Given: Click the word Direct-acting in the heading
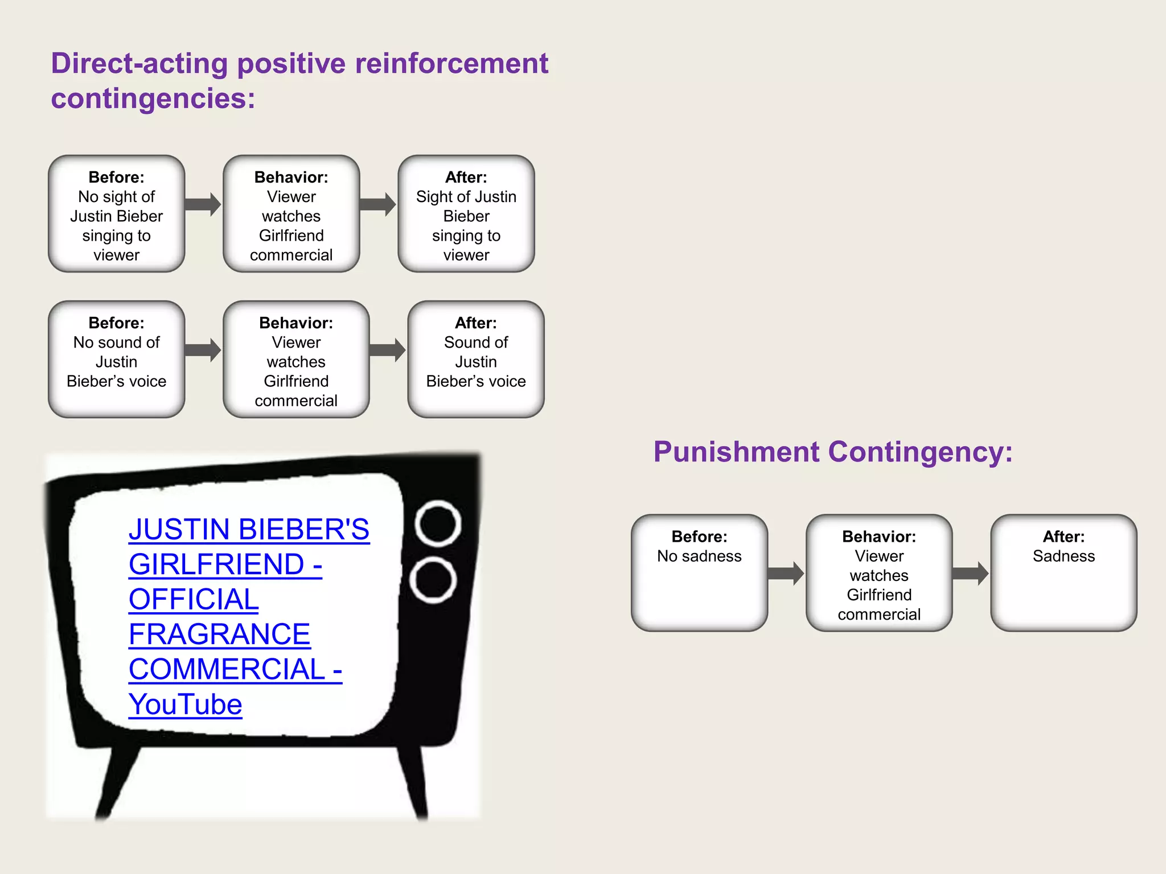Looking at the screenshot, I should coord(139,64).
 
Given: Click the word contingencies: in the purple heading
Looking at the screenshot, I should coord(153,99).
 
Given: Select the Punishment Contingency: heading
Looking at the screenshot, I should coord(832,452).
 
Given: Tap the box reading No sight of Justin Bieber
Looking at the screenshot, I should coord(117,215).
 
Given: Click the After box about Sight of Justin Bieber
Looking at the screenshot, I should coord(466,215).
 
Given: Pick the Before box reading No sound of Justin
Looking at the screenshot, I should coord(117,360).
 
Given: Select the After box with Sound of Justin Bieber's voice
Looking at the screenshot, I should coord(476,360).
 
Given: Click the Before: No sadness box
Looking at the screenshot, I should coord(699,573).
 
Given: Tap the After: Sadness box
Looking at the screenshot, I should coord(1064,573).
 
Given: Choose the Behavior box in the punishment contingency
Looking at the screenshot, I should coord(879,573).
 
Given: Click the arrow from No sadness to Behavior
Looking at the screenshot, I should coord(786,573).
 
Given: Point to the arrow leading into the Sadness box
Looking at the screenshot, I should coord(970,573).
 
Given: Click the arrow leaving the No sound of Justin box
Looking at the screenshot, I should coord(203,350).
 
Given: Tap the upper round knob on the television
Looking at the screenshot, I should coord(438,523).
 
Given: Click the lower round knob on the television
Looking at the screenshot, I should coord(433,580).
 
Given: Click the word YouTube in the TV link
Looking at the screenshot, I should coord(185,704).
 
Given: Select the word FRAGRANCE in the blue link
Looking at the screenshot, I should coord(219,634).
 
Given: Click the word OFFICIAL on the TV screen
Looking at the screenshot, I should coord(194,600).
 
